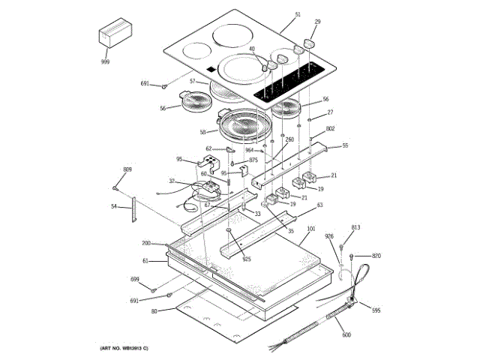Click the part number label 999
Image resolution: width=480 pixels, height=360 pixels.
point(105,62)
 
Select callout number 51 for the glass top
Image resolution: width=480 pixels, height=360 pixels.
point(298,15)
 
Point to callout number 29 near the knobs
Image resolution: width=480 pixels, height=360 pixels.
point(317,22)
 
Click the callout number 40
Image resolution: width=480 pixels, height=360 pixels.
point(252,49)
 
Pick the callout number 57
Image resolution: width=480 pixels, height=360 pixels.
point(193,81)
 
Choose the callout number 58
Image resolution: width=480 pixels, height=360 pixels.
point(202,132)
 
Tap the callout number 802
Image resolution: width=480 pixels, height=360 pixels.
point(330,129)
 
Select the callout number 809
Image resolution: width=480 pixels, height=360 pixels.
point(127,170)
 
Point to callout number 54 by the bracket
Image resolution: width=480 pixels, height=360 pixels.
point(114,206)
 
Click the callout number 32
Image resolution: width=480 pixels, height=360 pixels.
point(172,181)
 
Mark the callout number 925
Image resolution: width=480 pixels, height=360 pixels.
point(247,259)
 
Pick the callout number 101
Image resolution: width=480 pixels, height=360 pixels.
point(311,229)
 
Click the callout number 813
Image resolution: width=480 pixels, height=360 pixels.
point(356,227)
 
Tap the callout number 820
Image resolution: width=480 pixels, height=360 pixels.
point(376,256)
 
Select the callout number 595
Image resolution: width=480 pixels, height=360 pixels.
point(376,310)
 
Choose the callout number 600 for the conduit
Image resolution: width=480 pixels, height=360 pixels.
point(346,335)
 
